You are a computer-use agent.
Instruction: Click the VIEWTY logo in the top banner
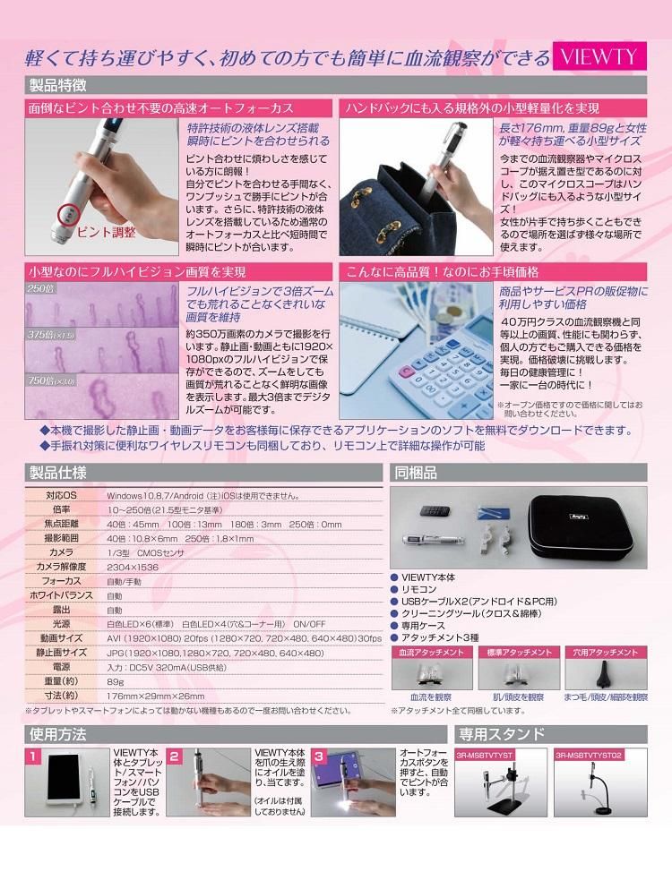(599, 57)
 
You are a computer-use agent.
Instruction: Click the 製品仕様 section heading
(57, 473)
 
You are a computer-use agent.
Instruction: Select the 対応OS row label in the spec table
(62, 495)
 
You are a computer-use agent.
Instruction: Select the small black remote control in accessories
(436, 509)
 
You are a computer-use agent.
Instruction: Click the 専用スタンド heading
(501, 734)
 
